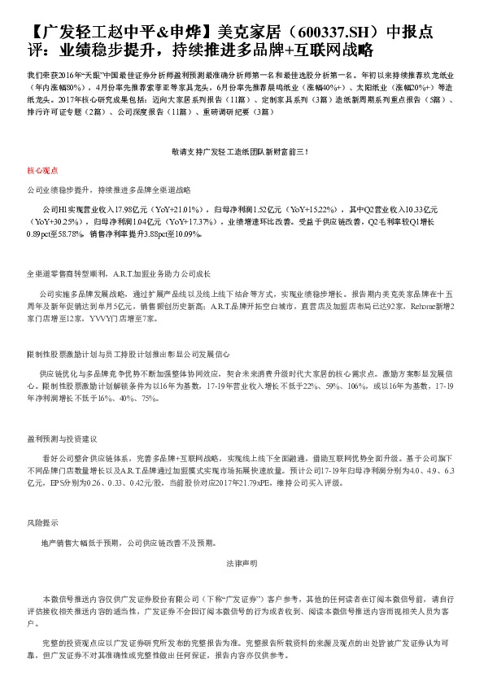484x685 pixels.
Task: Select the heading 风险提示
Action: (x=40, y=521)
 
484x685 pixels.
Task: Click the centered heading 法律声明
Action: (x=242, y=563)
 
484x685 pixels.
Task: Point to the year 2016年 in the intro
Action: (x=63, y=72)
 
